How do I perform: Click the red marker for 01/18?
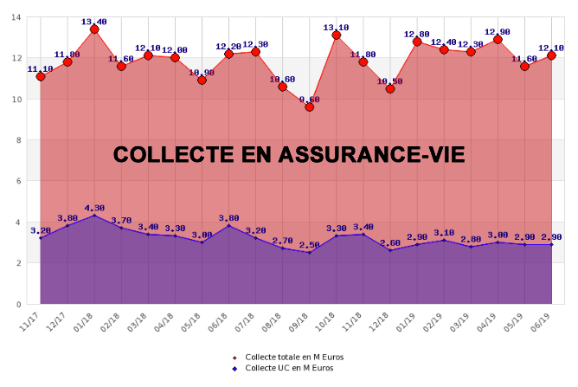94,29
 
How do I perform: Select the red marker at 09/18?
310,106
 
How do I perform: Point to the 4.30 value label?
94,208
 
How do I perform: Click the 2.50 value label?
310,245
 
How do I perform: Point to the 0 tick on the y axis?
20,305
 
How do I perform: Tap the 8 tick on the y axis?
20,140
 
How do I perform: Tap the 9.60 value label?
310,99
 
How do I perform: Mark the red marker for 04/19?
498,39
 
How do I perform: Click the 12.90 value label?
498,31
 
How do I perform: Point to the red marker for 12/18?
390,88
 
